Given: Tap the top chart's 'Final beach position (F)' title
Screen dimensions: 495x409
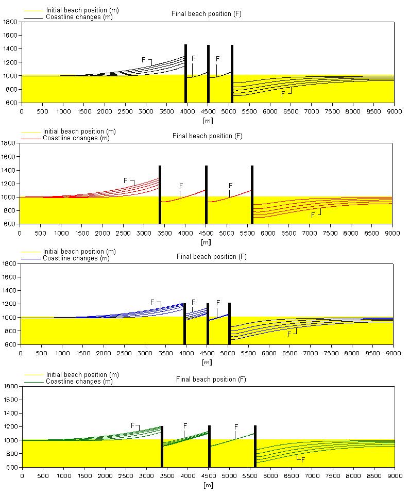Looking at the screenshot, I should (206, 14).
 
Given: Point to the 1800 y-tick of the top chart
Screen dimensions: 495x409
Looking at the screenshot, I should (10, 22).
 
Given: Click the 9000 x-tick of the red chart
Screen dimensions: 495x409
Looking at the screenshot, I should (392, 233).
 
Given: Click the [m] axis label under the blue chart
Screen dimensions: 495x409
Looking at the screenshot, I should (207, 362).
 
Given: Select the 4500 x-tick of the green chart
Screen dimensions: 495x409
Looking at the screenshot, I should (209, 476).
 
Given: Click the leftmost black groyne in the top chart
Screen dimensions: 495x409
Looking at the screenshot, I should (185, 74).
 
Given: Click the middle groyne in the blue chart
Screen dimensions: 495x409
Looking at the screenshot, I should (208, 323).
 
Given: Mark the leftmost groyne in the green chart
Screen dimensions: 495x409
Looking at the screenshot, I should (162, 446).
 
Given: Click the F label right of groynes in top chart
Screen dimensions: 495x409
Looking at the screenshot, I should (283, 94).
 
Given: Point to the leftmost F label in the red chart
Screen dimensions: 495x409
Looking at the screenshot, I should (125, 180).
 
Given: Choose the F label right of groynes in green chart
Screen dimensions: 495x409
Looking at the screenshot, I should (303, 459).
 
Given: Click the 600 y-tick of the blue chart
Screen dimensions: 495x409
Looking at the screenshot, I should (10, 344).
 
